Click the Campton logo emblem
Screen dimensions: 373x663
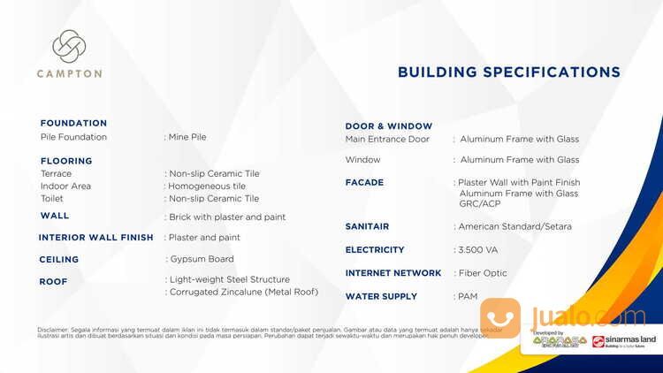(68, 47)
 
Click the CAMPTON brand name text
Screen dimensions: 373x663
(69, 74)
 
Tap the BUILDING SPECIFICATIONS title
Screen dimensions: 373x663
(508, 72)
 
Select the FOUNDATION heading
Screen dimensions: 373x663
(73, 123)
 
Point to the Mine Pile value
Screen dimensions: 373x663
(187, 137)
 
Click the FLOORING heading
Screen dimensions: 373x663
(66, 161)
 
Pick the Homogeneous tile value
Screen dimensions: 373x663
(206, 186)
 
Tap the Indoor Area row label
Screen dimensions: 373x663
(65, 186)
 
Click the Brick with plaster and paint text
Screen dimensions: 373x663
(227, 217)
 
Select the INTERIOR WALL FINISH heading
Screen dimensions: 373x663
(96, 238)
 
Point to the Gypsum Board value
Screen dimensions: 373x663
(202, 259)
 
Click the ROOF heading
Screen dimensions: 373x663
(53, 282)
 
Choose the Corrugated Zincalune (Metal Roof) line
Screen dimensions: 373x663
(243, 292)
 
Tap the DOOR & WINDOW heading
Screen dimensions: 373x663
(388, 126)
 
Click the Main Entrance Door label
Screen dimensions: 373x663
(387, 139)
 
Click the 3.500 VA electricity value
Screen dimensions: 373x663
(478, 250)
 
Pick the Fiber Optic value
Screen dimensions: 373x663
(482, 273)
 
